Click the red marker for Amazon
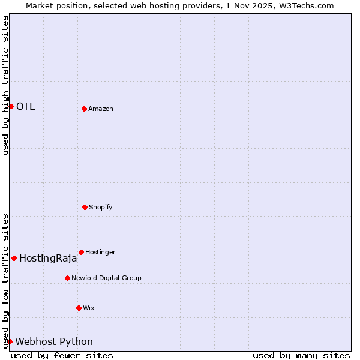coord(84,109)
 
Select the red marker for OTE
coord(11,106)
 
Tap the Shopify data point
coord(85,207)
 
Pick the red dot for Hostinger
coord(81,252)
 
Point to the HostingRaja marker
coord(14,258)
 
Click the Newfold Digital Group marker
coord(67,278)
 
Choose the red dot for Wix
coord(79,308)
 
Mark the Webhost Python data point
coord(10,341)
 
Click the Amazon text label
coord(101,109)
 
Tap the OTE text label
coord(26,107)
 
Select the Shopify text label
coord(101,207)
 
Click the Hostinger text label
coord(100,252)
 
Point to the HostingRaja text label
coord(48,259)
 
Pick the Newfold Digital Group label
coord(106,278)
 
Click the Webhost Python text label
coord(54,342)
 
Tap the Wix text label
coord(89,308)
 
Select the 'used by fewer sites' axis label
coord(62,355)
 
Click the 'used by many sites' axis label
coord(301,355)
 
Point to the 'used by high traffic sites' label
coord(5,86)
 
